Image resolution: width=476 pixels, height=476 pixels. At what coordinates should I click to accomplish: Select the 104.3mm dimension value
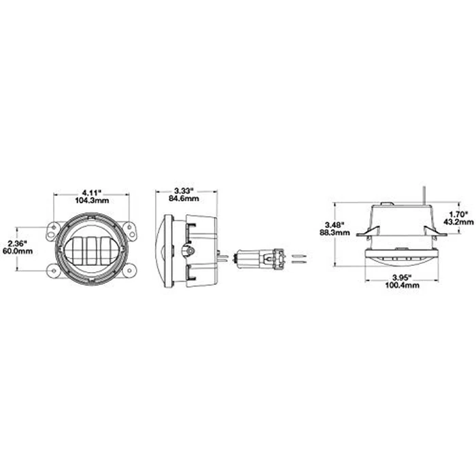90,202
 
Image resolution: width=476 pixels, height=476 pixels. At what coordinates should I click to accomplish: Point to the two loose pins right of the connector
299,258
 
